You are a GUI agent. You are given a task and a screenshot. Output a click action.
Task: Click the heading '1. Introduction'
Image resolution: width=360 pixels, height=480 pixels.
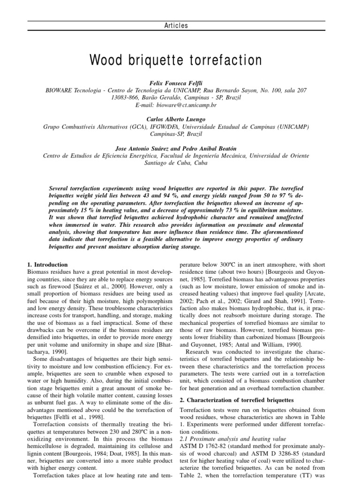click(47, 264)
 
